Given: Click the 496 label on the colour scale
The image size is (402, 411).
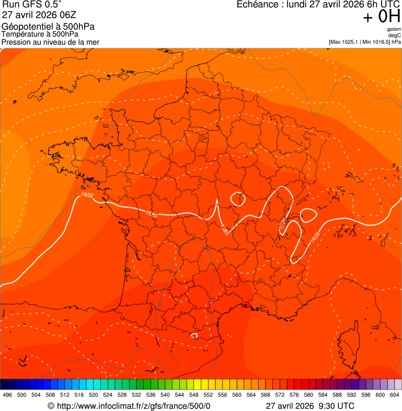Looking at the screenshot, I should (x=7, y=395).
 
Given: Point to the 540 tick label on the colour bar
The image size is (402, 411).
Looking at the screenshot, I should (x=166, y=395).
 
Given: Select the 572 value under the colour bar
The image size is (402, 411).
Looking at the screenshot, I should (x=280, y=395).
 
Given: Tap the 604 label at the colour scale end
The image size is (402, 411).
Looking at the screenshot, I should (x=395, y=395).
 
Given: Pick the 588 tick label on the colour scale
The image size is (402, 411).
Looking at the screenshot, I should (x=337, y=395).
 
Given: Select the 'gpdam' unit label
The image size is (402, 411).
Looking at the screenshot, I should (x=394, y=29).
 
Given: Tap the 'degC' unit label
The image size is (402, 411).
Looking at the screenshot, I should (x=395, y=35).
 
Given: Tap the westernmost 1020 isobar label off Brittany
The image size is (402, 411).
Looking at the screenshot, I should (x=87, y=195).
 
